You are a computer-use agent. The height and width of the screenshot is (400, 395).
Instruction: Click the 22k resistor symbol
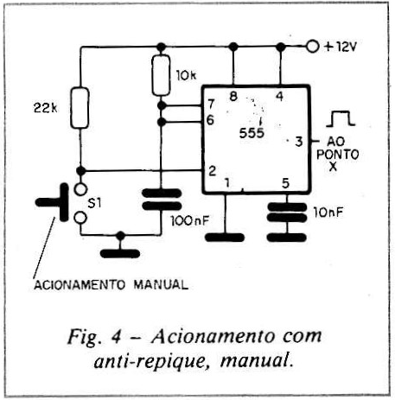coord(80,108)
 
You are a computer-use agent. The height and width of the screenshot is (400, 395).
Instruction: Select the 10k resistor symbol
coord(161,75)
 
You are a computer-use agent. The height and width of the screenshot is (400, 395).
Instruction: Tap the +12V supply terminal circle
coord(313,46)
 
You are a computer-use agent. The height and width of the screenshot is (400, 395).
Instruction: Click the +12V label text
coord(341,47)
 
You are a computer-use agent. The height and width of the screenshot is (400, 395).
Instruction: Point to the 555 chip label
coord(252,133)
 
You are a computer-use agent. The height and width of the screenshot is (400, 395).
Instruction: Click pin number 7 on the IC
coord(211,104)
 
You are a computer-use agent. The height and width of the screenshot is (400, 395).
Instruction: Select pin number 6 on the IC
coord(211,120)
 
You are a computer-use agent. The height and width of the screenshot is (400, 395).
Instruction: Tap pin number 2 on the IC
coord(212,171)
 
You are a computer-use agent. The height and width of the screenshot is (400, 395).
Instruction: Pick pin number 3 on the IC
coord(299,142)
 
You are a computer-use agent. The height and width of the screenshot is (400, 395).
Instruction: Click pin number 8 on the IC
coord(233,96)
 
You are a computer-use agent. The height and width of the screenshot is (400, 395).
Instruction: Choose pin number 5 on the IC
coord(285,183)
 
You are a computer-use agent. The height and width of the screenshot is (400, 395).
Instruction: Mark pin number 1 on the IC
coord(227,182)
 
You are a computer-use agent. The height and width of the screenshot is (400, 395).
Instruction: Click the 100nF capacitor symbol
coord(162,200)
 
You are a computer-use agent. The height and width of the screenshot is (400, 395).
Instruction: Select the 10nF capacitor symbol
coord(287,213)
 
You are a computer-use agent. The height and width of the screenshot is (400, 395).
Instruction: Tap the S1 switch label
coord(94,203)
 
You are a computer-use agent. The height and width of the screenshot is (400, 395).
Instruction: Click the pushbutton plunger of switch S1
coord(52,202)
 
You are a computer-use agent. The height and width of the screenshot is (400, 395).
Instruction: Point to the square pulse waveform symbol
coord(341,118)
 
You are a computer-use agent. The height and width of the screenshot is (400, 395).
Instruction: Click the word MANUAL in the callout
coord(161,285)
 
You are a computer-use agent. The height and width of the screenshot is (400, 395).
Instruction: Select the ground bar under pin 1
coord(225,238)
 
